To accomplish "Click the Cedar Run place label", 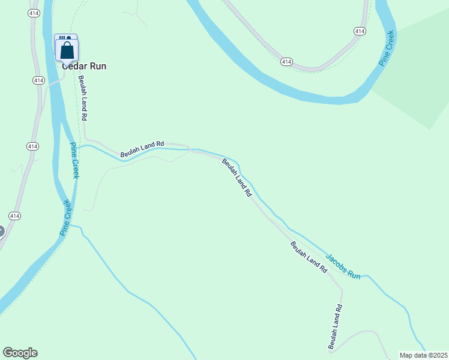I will (x=84, y=66).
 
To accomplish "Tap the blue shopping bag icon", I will (x=67, y=50).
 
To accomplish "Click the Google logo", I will (x=20, y=353).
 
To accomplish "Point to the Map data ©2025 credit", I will (x=424, y=355).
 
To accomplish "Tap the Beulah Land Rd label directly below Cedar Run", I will (x=83, y=98).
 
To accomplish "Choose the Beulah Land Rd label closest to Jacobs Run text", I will (x=309, y=257).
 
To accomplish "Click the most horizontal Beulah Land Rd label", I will (x=142, y=149).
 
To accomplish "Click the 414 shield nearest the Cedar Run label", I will (x=39, y=80).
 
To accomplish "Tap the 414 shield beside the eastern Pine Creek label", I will (x=360, y=31).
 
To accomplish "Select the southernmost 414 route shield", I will (x=15, y=215).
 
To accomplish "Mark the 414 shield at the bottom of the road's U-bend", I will (x=286, y=61).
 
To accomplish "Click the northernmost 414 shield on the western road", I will (x=34, y=14).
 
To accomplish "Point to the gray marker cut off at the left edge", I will (x=1, y=230).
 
